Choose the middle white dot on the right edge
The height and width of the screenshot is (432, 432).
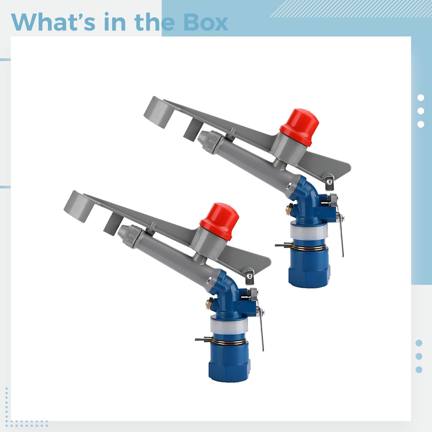pos(421,111)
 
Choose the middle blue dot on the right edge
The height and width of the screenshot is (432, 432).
pos(419,356)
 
